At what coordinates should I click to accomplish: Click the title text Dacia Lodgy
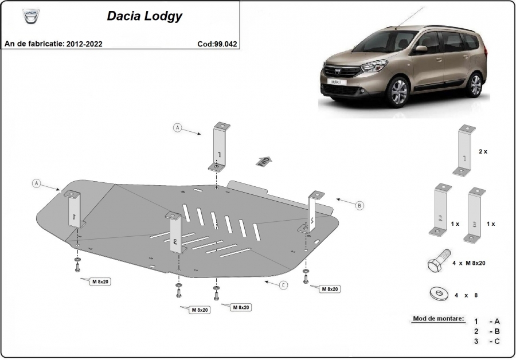[144, 16]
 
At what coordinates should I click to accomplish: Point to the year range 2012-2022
[84, 44]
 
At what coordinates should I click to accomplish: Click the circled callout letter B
[360, 205]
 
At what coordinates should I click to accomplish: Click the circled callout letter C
[283, 285]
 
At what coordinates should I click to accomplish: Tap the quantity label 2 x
[483, 151]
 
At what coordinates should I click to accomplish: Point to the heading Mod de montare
[439, 318]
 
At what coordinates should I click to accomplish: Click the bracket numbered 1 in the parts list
[466, 150]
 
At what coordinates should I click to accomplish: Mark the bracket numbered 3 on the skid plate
[175, 234]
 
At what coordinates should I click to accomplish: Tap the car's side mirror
[421, 49]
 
